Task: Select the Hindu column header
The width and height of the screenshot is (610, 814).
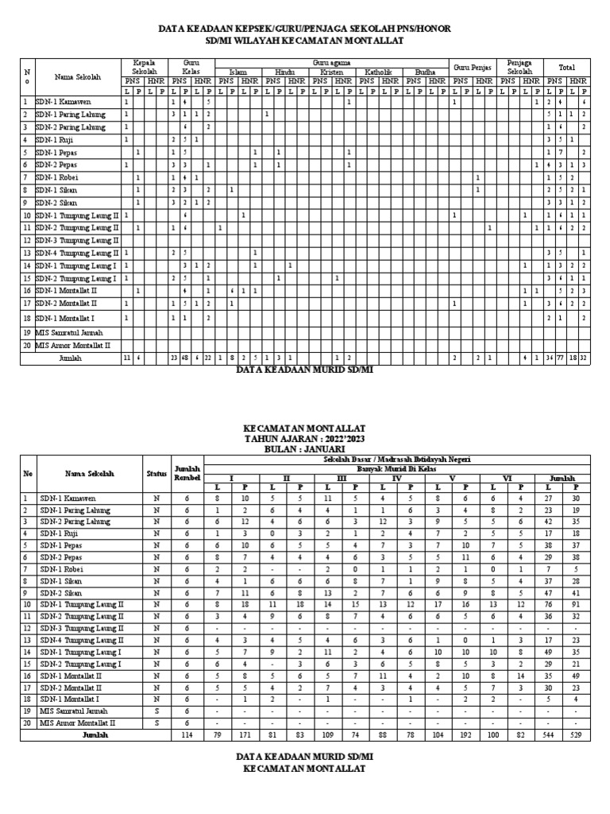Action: pyautogui.click(x=284, y=72)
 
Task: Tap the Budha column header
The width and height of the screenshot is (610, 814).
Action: pyautogui.click(x=425, y=72)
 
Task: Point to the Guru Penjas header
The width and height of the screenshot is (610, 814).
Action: pyautogui.click(x=473, y=68)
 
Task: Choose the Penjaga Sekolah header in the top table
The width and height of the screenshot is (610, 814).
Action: pyautogui.click(x=519, y=67)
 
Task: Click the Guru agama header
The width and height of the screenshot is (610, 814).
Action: pyautogui.click(x=331, y=61)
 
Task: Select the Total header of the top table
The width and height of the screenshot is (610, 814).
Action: pyautogui.click(x=566, y=68)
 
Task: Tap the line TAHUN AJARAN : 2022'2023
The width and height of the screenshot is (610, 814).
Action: pyautogui.click(x=305, y=438)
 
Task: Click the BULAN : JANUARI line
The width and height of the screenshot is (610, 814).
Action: pyautogui.click(x=305, y=448)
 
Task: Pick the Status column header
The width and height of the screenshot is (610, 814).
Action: pyautogui.click(x=156, y=473)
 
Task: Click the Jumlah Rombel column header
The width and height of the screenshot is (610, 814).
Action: pyautogui.click(x=188, y=473)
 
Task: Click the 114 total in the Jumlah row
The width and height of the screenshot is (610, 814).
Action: pyautogui.click(x=188, y=735)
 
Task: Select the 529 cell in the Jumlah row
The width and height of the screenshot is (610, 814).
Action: pyautogui.click(x=576, y=735)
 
